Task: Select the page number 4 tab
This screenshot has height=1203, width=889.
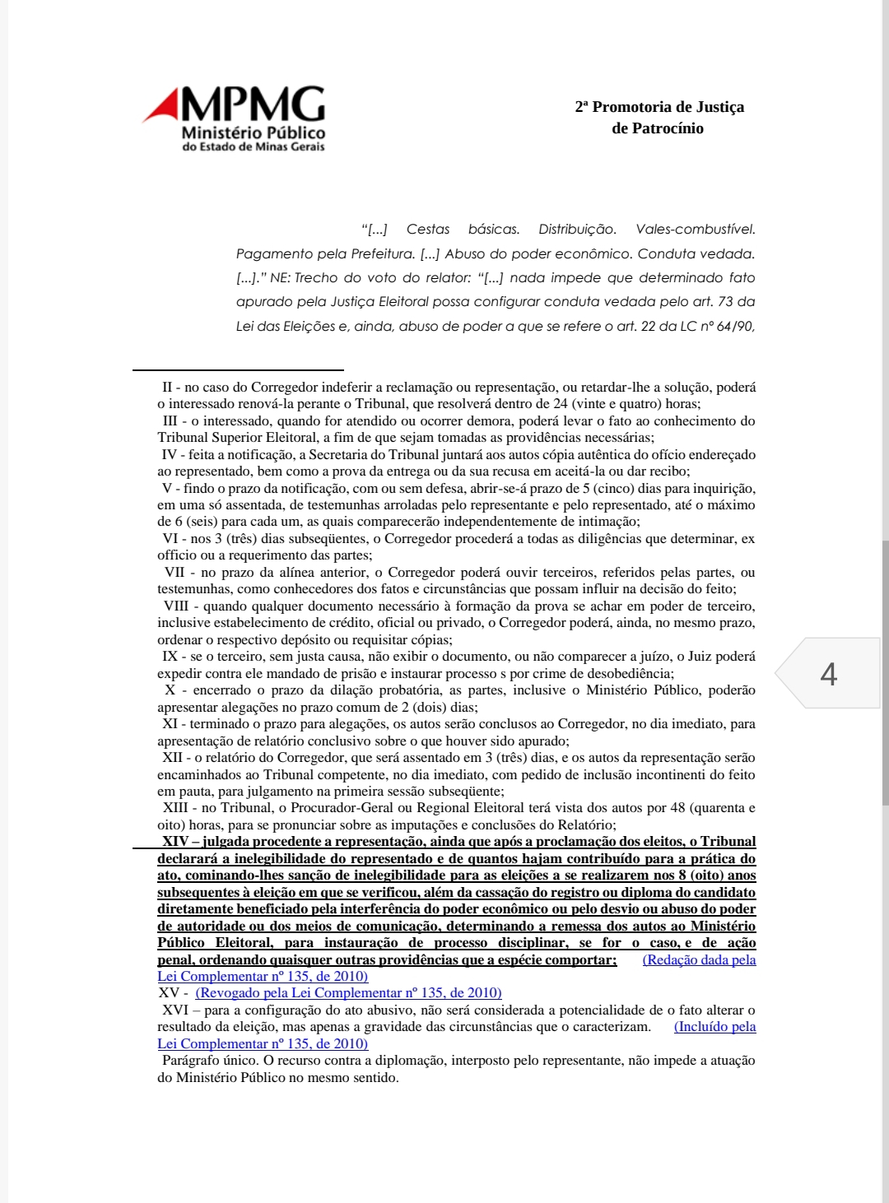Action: [x=828, y=674]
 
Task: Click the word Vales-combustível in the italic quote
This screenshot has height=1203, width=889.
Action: [x=696, y=230]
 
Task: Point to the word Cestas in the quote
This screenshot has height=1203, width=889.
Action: [x=428, y=230]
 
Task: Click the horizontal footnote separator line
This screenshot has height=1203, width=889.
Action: [x=239, y=370]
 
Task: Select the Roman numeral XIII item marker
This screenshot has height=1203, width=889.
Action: [x=176, y=808]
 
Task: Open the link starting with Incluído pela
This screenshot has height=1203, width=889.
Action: [x=714, y=1027]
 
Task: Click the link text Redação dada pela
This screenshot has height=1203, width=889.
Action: [x=699, y=960]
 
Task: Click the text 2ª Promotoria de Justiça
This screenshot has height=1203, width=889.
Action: [x=659, y=107]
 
